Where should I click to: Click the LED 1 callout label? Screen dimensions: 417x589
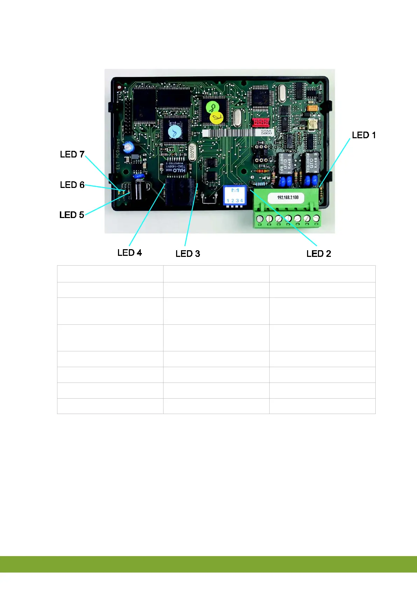pos(363,135)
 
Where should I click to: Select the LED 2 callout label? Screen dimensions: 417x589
pos(318,253)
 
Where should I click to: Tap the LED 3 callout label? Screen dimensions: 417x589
pos(188,253)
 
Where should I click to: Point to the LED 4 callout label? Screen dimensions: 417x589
pos(130,253)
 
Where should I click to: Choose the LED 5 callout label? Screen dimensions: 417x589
pos(72,215)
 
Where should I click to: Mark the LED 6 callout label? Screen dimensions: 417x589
pos(72,184)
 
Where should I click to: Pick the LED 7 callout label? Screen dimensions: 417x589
pos(72,154)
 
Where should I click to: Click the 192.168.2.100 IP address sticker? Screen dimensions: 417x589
pos(288,197)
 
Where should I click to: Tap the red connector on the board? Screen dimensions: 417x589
pos(261,122)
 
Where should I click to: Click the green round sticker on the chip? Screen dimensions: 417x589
pos(212,107)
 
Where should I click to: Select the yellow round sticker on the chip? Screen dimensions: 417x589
pos(216,118)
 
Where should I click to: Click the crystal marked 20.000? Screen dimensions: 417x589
pos(192,152)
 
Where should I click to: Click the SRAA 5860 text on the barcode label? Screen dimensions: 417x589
pos(266,132)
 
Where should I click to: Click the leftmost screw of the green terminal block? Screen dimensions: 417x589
pos(260,219)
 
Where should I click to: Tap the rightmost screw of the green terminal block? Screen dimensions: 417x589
pos(316,218)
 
